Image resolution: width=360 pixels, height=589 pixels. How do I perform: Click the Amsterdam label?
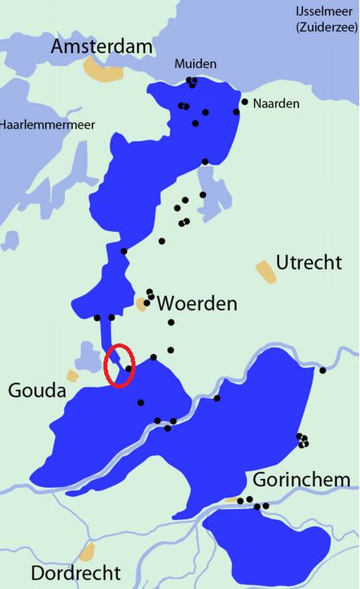101,48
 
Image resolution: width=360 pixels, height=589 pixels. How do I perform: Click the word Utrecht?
309,262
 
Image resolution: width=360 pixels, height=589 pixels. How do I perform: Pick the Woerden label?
197,303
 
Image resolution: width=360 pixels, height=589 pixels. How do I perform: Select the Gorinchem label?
301,480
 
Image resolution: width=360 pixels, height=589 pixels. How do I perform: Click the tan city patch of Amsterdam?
106,71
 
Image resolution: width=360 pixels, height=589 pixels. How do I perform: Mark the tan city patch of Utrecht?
265,270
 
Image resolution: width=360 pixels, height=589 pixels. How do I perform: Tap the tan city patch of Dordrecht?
87,551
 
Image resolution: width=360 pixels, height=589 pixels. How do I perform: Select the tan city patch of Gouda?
73,376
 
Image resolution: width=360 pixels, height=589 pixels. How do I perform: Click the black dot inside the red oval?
128,368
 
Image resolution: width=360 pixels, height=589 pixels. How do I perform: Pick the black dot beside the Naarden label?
245,102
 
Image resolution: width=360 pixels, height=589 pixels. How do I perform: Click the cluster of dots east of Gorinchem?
302,440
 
